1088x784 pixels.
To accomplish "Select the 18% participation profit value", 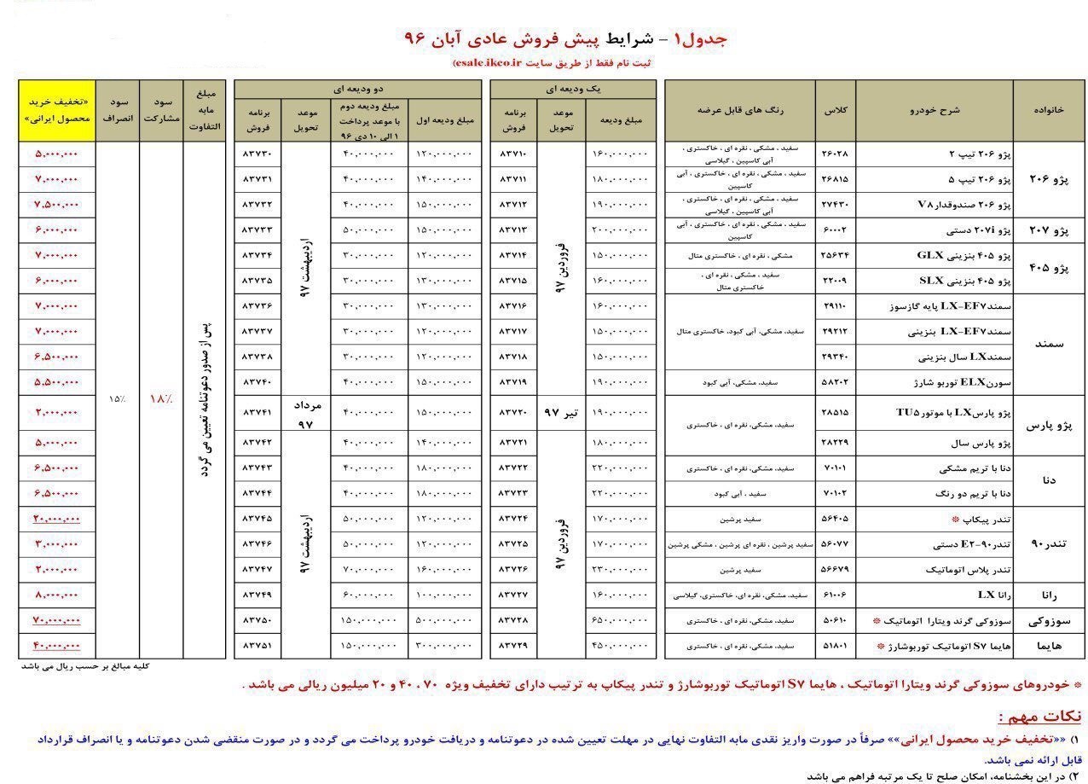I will coord(161,398).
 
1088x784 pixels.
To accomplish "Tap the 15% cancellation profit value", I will coord(117,398).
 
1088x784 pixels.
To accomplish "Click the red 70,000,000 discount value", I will coord(56,620).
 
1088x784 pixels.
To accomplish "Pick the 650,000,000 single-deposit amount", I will coord(619,620).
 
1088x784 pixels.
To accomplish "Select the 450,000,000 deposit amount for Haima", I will coord(619,646).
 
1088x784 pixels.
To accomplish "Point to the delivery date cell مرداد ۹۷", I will coord(306,412).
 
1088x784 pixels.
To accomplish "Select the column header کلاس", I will coord(834,111).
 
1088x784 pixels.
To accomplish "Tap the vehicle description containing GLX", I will coord(964,255).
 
